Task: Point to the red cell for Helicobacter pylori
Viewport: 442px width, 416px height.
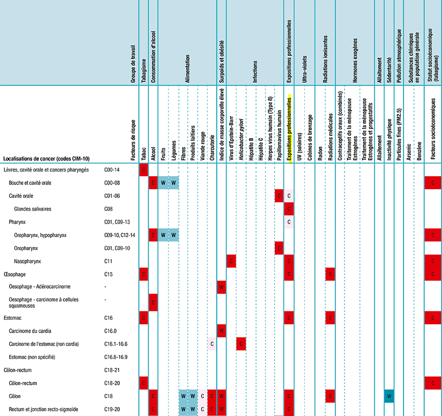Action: [x=241, y=344]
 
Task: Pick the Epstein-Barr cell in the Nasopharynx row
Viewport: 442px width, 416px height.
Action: [x=231, y=261]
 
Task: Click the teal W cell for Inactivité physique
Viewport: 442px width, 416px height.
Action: [x=389, y=395]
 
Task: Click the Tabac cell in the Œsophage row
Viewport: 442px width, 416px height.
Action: [x=144, y=274]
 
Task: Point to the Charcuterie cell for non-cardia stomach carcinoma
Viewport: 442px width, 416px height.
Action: [x=212, y=344]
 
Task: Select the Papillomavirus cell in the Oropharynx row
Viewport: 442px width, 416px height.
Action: [x=279, y=248]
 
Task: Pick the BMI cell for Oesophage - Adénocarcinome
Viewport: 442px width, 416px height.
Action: [x=221, y=287]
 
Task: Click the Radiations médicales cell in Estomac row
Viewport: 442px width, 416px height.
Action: [x=330, y=318]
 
